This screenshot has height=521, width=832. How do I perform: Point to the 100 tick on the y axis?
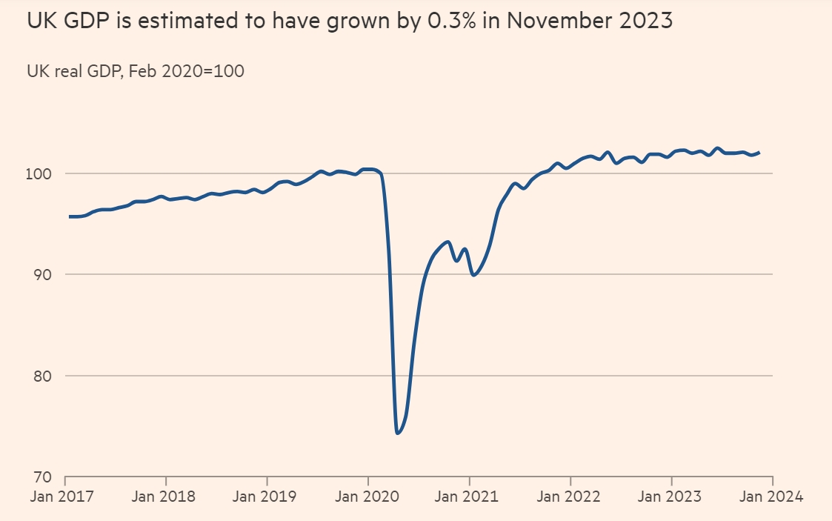(41, 173)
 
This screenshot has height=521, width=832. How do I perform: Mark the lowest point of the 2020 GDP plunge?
(398, 433)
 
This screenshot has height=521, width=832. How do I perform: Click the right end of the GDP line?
(759, 153)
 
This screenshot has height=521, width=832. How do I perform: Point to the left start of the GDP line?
(70, 216)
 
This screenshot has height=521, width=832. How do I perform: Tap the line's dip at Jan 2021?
(473, 275)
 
